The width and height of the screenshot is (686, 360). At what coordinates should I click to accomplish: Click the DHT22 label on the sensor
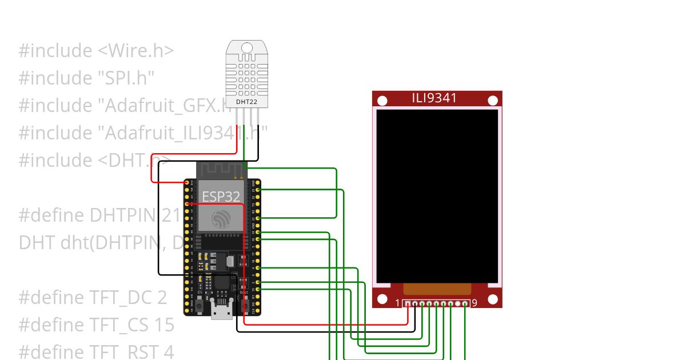247,102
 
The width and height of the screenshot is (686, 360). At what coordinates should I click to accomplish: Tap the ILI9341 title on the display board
434,98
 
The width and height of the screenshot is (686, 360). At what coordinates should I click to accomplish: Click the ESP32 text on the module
221,197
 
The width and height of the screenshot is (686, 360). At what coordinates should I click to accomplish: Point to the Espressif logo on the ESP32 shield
221,219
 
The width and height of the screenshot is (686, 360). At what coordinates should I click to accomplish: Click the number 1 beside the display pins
398,303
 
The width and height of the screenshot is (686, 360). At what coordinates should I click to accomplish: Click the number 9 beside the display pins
474,303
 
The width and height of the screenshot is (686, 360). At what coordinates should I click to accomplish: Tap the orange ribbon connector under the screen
437,289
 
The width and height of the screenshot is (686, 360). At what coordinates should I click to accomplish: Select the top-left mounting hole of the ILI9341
382,101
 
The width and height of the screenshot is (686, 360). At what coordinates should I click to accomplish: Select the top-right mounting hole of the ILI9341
492,101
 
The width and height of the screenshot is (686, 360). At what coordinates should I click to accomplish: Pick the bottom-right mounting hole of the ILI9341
492,298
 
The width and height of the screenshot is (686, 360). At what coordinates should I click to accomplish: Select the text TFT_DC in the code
118,298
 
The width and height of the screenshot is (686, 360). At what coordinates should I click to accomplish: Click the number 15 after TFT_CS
163,325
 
